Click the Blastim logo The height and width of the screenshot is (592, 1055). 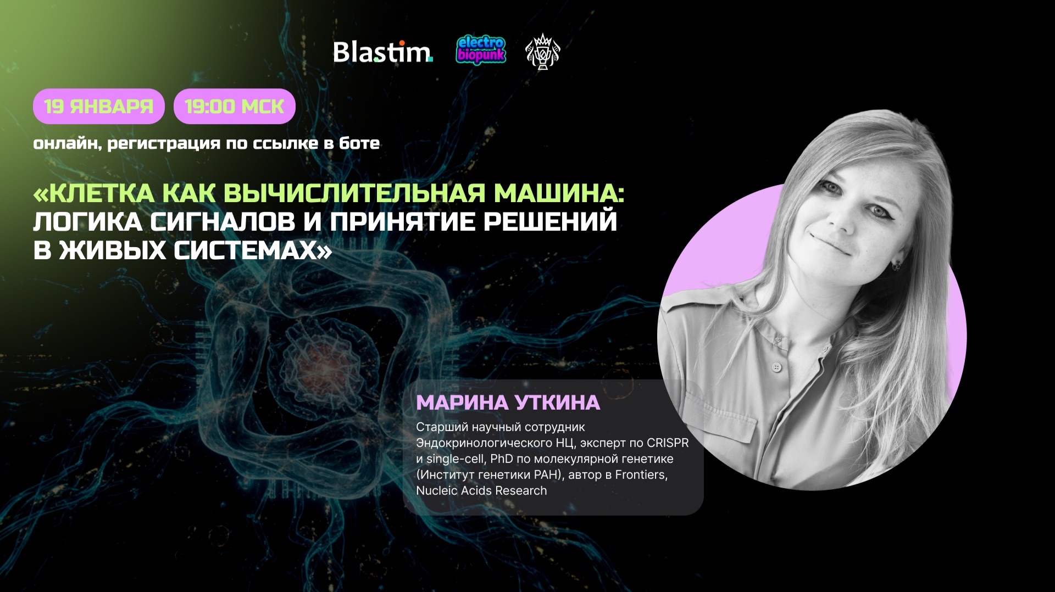(382, 53)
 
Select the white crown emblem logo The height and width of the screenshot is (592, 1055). (543, 52)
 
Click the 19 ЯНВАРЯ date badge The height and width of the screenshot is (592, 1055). (99, 106)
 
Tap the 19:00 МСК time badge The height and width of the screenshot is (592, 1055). (235, 106)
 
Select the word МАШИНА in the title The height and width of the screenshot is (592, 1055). (558, 193)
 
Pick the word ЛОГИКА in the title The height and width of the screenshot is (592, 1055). (88, 222)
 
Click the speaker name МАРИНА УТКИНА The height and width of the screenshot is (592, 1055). (508, 403)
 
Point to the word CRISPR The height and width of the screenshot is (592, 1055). (668, 443)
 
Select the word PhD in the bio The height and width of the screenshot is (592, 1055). (502, 459)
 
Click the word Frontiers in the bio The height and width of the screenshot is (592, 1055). (641, 474)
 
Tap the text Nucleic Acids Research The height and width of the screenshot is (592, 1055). (481, 490)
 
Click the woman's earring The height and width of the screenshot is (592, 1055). (897, 266)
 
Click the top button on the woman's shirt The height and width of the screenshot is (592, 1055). (776, 367)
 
